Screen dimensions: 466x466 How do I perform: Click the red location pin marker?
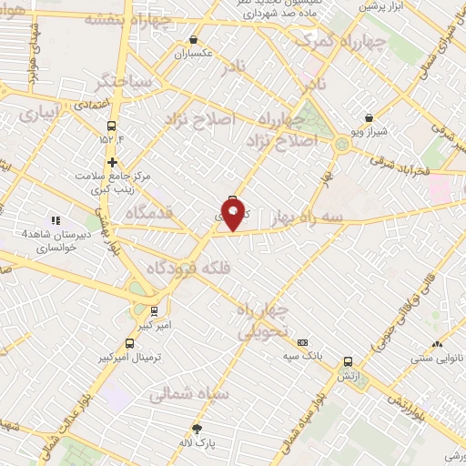[234, 215]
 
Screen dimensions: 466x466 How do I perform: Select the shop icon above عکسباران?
[194, 40]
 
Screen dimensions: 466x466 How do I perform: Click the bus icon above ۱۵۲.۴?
[112, 127]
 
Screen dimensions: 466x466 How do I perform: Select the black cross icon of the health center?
[112, 162]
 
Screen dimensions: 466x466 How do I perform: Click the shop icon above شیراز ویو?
[369, 117]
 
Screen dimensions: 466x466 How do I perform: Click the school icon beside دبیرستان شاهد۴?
[55, 219]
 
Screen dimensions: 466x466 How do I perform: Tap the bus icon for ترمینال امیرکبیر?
[129, 343]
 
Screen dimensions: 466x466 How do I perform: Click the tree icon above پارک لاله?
[196, 429]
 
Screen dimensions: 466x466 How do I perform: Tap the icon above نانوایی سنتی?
[438, 344]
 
